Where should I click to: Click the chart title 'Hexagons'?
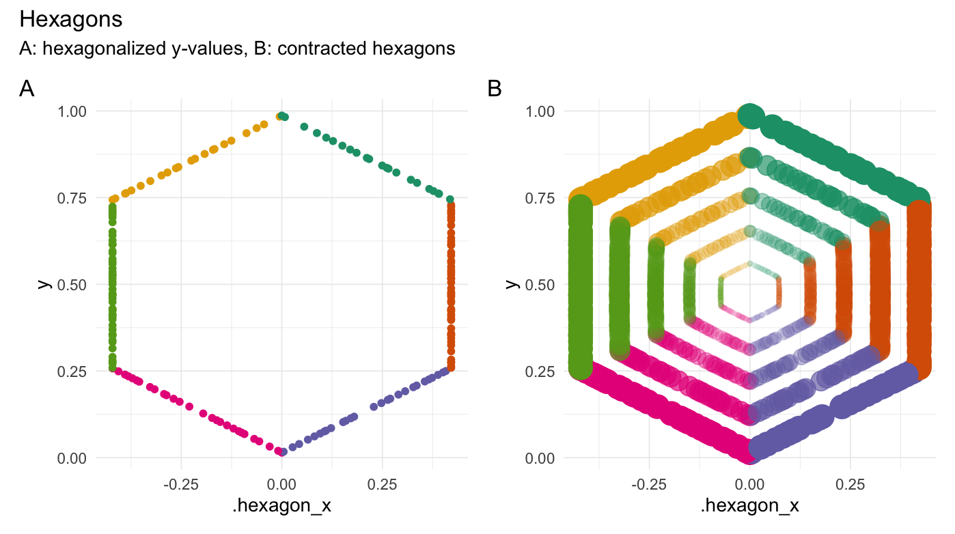click(x=71, y=19)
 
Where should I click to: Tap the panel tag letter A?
click(x=27, y=89)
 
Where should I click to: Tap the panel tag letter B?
click(x=495, y=89)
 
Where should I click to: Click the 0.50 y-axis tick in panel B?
click(x=541, y=284)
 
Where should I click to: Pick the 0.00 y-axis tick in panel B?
click(x=541, y=458)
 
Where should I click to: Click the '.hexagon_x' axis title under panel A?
click(x=281, y=506)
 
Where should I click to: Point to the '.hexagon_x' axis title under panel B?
click(x=750, y=506)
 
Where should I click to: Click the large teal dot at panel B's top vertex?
click(x=751, y=114)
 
